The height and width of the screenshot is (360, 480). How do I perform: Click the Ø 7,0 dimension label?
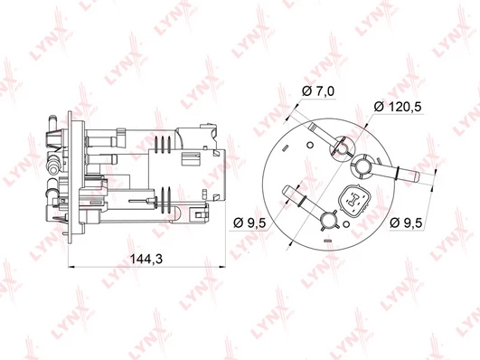tap(318, 91)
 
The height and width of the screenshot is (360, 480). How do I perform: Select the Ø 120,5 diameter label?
tap(398, 107)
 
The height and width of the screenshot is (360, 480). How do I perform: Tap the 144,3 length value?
tap(146, 259)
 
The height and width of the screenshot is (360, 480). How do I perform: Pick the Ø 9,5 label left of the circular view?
tap(249, 223)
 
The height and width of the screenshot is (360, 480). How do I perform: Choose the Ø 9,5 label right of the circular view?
tap(406, 223)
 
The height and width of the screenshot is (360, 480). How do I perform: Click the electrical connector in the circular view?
tap(354, 202)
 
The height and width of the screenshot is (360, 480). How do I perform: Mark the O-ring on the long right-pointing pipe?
tap(397, 173)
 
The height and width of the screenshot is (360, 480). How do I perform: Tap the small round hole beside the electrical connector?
tap(346, 224)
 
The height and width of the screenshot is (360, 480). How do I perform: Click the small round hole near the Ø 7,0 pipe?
tap(310, 145)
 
